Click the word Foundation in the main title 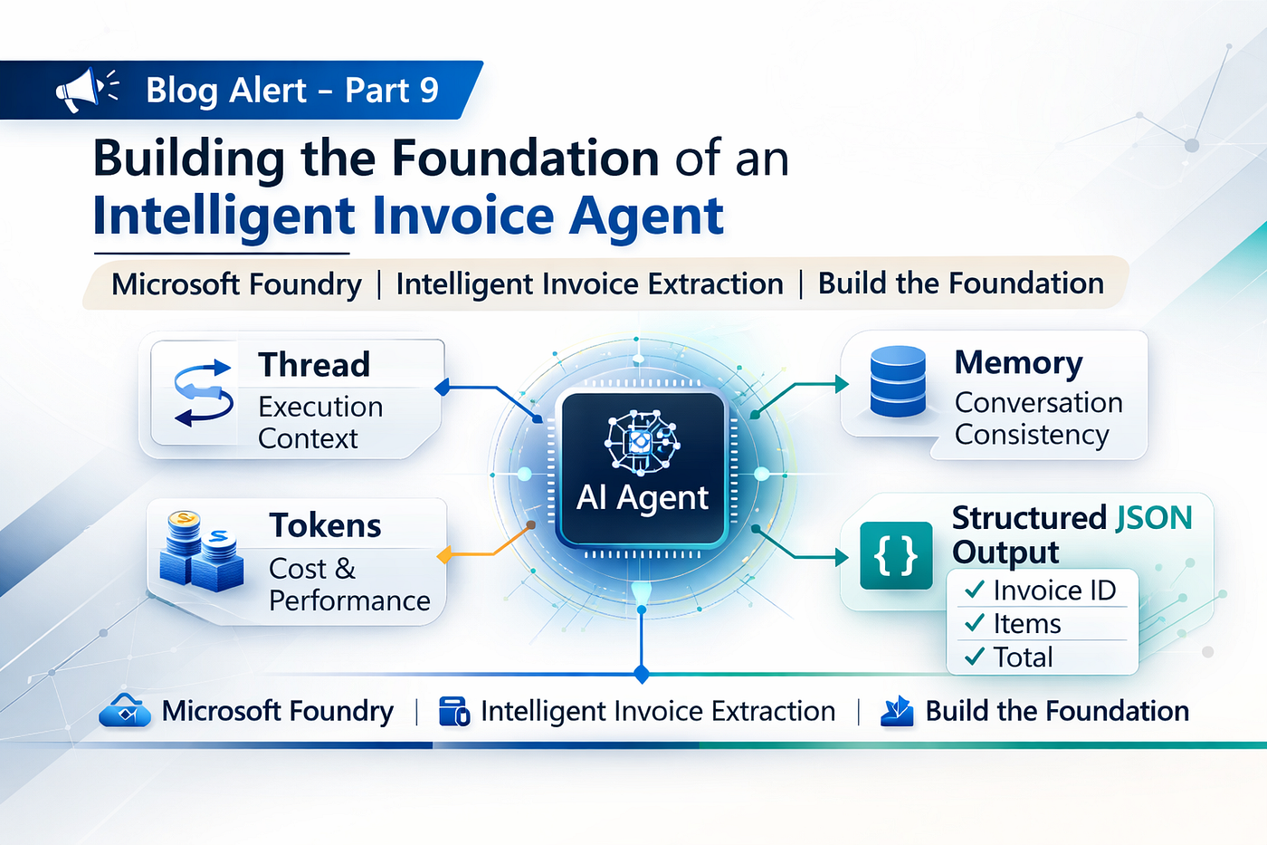point(526,158)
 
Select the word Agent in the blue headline point(646,217)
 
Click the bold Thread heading point(314,364)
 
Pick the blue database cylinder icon point(898,381)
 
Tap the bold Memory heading point(1019,363)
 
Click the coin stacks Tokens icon point(201,551)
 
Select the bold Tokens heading point(325,525)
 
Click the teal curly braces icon point(896,556)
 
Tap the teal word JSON point(1153,518)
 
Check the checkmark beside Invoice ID point(975,590)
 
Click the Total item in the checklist point(1024,658)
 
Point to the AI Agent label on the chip point(642,497)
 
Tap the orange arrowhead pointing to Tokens point(444,554)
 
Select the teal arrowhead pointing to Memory point(843,384)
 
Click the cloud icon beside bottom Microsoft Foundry point(125,711)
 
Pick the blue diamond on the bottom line point(642,675)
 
